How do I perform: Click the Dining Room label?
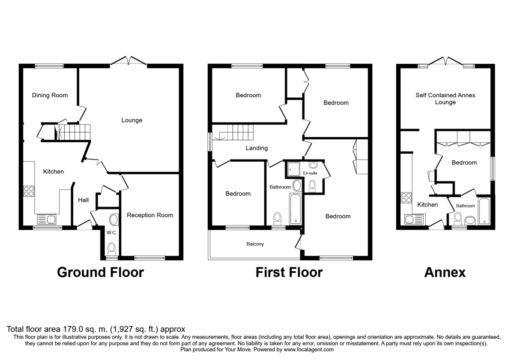point(50,95)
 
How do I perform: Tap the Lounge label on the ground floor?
point(131,120)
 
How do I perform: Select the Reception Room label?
point(150,215)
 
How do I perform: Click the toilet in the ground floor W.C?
point(112,248)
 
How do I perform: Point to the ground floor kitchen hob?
point(29,191)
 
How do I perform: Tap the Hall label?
point(83,200)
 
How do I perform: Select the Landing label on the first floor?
point(257,148)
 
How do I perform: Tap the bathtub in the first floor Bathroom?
point(296,209)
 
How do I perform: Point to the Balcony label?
point(255,244)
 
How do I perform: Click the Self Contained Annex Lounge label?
point(445,99)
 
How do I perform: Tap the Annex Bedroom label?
point(464,163)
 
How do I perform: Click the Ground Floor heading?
point(100,272)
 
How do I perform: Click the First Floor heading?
point(289,272)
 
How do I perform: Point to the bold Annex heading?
point(445,272)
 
